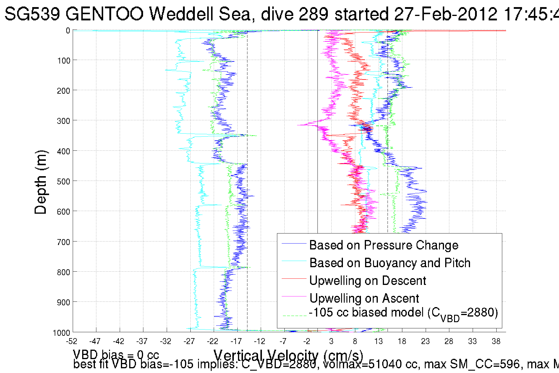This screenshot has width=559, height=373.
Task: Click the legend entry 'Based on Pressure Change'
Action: tap(383, 245)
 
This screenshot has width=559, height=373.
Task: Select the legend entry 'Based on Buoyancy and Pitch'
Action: tap(390, 263)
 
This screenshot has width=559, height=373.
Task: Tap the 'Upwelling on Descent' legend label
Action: tap(367, 281)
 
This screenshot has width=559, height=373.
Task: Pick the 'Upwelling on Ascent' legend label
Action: tap(364, 299)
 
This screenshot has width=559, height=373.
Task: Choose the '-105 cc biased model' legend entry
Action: tap(403, 313)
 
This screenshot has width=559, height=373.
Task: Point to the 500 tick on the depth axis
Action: tap(63, 181)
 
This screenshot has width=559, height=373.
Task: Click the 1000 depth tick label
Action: tap(61, 333)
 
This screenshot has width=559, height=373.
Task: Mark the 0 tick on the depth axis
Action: tap(68, 31)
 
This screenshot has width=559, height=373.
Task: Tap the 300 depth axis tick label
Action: tap(63, 121)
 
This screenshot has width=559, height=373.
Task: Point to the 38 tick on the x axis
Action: tap(496, 341)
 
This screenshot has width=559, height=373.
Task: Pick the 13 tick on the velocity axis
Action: tap(378, 341)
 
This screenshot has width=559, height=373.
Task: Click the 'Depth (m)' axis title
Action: tap(40, 182)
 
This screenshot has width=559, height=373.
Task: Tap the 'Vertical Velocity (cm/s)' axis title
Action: tap(288, 356)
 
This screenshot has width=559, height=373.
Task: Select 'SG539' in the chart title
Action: tap(33, 14)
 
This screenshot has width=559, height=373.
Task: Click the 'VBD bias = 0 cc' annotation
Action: tap(116, 355)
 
